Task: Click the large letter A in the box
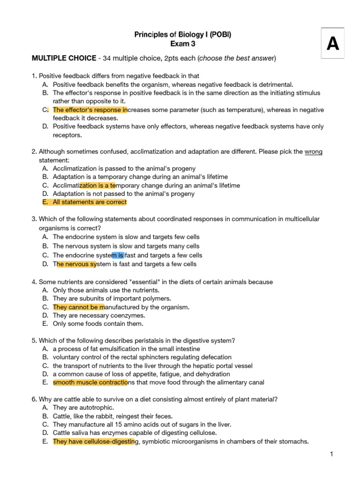coord(332,44)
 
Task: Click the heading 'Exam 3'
coord(182,44)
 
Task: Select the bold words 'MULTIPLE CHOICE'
coord(64,58)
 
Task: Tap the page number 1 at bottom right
coord(331,454)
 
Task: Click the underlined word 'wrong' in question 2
coord(314,152)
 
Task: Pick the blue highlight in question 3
coord(118,255)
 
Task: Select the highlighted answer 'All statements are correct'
coord(90,202)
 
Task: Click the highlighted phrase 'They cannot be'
coord(79,307)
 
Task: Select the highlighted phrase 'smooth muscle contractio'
coord(90,382)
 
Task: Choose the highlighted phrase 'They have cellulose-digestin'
coord(94,442)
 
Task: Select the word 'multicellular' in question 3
coord(302,219)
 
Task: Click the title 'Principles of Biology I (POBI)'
coord(183,35)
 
